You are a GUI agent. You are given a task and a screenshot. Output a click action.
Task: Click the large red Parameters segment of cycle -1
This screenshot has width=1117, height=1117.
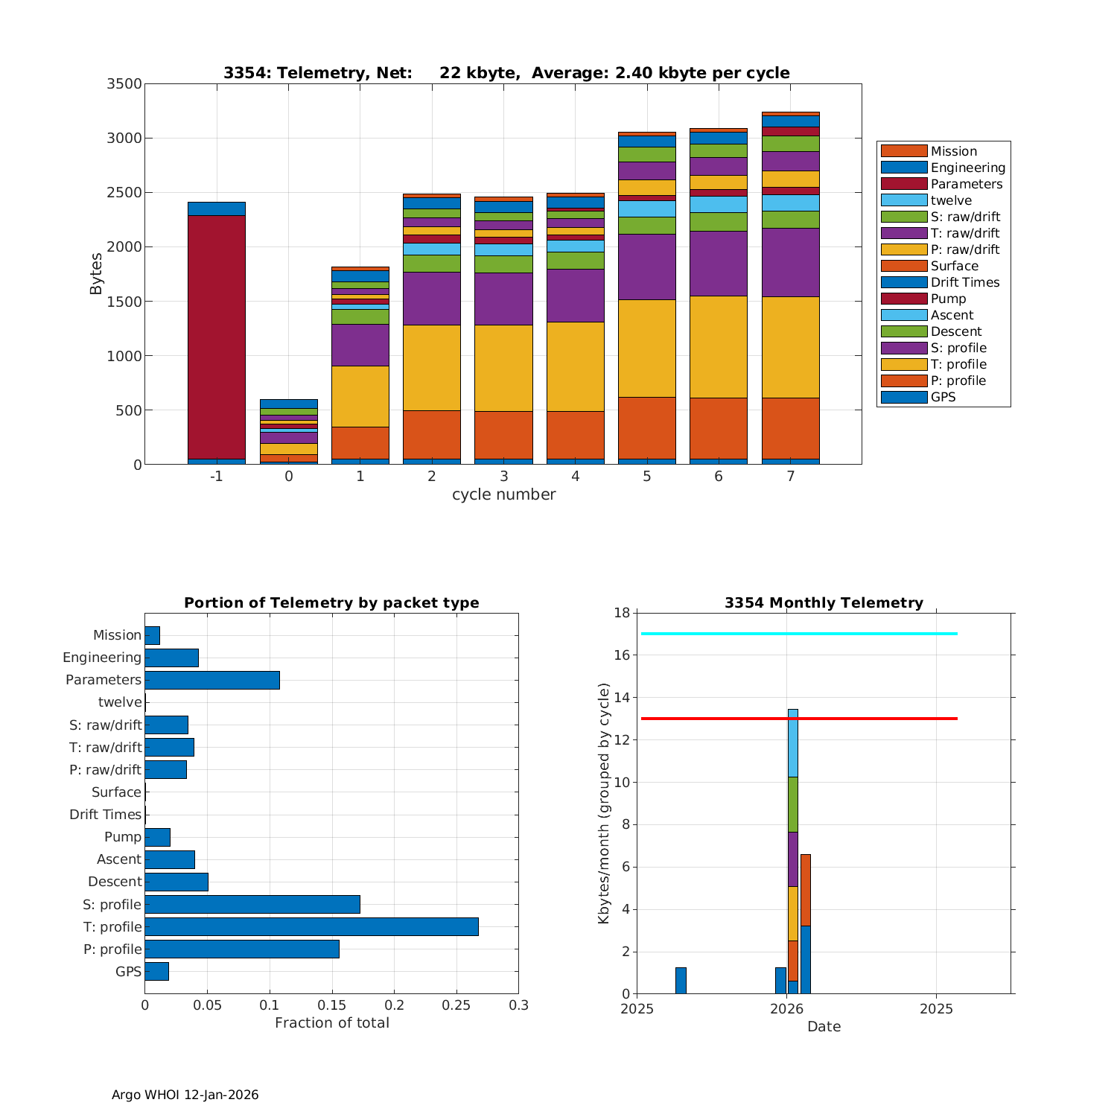(x=216, y=337)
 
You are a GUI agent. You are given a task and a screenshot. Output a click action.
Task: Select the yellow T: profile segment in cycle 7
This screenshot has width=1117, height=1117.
(x=790, y=347)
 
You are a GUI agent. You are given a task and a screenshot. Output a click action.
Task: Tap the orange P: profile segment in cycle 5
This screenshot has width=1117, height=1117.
(x=646, y=427)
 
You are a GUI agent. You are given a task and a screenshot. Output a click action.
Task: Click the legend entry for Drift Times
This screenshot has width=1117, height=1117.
(x=964, y=282)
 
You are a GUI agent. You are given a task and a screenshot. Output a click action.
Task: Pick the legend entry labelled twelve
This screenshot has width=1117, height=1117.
(x=950, y=200)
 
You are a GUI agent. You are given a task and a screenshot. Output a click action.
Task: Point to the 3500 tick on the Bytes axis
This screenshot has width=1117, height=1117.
(x=124, y=84)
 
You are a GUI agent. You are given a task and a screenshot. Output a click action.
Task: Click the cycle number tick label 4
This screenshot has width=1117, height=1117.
(x=575, y=477)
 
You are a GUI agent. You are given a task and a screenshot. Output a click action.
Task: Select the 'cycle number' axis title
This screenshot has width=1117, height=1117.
(x=503, y=494)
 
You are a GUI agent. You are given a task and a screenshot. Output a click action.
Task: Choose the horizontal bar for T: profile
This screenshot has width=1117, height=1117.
(x=311, y=926)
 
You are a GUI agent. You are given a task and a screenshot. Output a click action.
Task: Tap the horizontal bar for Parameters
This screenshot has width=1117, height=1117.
(x=212, y=680)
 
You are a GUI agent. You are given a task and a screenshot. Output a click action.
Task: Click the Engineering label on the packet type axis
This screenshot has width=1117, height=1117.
(x=102, y=658)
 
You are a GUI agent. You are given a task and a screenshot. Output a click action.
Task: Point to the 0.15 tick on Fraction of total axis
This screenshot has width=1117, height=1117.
(x=332, y=1005)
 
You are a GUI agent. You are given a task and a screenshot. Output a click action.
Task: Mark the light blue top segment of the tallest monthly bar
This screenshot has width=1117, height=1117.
(x=792, y=742)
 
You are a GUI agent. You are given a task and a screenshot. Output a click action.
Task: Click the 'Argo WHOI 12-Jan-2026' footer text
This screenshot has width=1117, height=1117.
(x=185, y=1095)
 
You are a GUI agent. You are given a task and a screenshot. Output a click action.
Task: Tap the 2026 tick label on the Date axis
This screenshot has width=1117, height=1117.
(x=786, y=1009)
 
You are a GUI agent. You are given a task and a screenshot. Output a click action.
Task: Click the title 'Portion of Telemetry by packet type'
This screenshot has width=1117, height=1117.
(x=331, y=603)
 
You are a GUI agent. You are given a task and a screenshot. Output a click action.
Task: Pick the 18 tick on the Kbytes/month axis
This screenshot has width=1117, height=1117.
(x=622, y=613)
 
